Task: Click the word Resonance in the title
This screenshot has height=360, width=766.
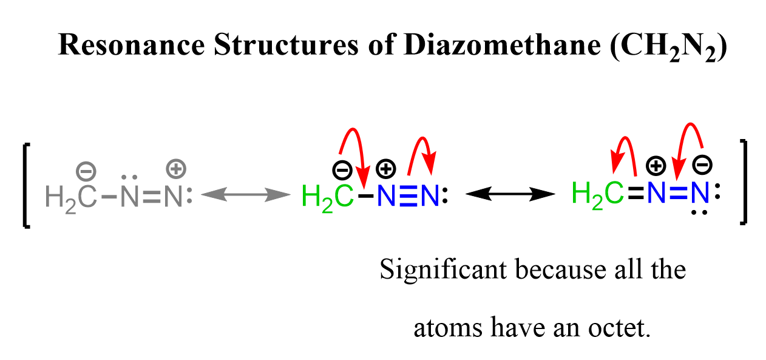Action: click(x=131, y=45)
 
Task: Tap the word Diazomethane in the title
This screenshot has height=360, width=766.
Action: click(x=502, y=45)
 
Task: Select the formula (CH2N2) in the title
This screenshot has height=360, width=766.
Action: click(x=668, y=47)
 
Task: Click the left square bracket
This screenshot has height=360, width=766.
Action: click(x=26, y=186)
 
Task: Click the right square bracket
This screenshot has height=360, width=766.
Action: click(x=743, y=182)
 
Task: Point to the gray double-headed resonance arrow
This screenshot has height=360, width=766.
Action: click(x=246, y=194)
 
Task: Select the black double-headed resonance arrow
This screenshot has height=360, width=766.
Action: click(x=510, y=194)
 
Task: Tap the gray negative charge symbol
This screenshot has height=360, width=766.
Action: click(x=86, y=171)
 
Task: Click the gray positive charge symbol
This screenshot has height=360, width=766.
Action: click(x=176, y=169)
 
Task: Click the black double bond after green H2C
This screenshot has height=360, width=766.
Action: click(x=636, y=193)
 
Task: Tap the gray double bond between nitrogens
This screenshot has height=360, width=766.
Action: click(x=152, y=197)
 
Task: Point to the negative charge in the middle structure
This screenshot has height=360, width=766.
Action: click(x=342, y=170)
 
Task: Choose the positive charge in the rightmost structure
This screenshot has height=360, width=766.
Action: click(x=656, y=166)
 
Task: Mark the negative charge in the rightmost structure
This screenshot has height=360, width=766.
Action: click(x=702, y=165)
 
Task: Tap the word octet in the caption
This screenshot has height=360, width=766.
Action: click(x=619, y=328)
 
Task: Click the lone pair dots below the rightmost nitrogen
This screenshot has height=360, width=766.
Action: click(x=699, y=212)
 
